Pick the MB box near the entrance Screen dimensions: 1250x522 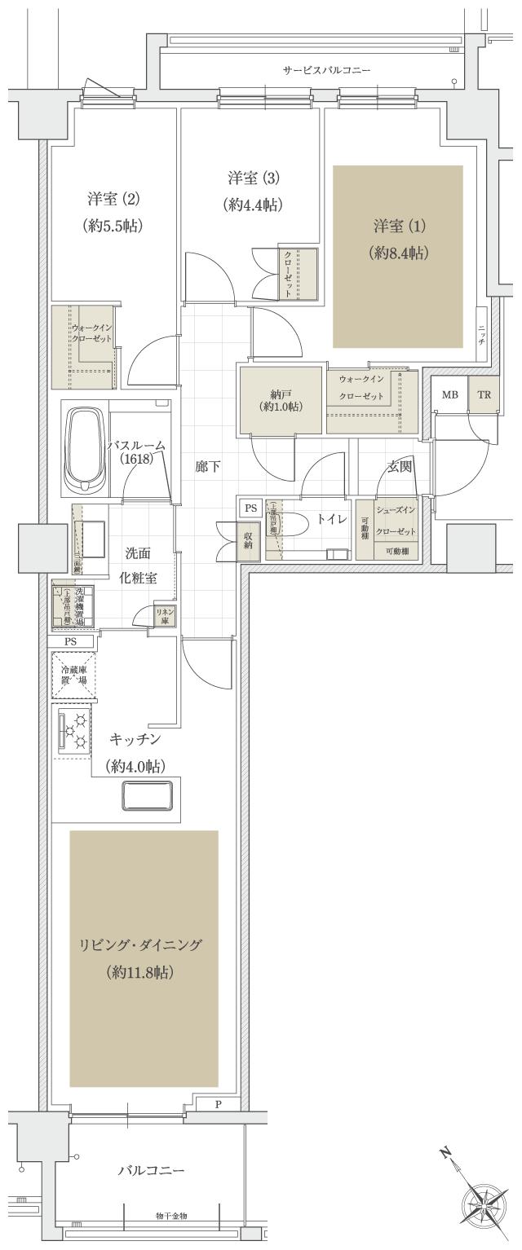click(x=449, y=395)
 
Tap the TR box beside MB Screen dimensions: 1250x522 click(x=484, y=395)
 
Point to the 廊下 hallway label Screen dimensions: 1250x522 click(x=206, y=468)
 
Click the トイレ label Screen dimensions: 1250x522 click(x=332, y=519)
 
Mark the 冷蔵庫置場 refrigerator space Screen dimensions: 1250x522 click(x=74, y=676)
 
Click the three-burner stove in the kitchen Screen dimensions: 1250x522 click(x=74, y=730)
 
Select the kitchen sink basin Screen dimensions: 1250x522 click(x=147, y=794)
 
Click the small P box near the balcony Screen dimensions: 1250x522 click(x=218, y=1105)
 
